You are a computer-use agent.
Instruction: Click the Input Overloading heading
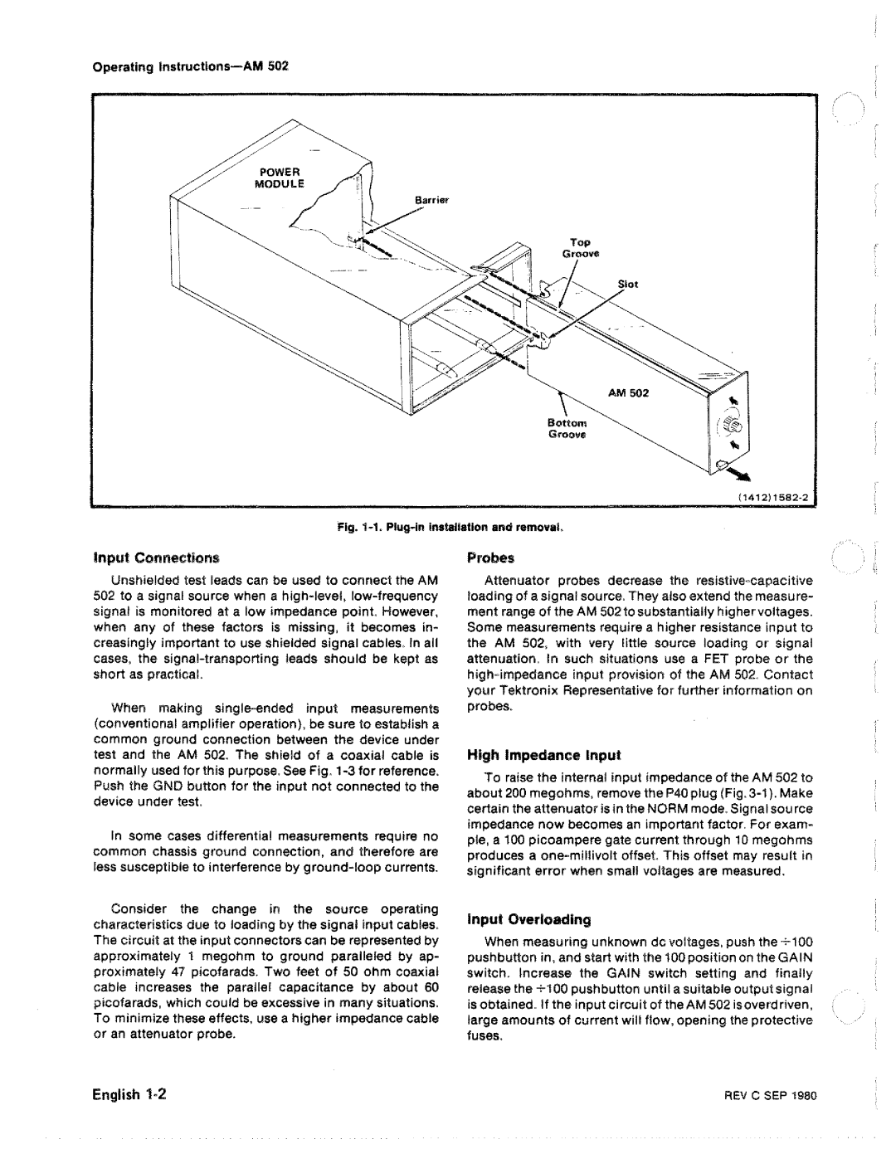tap(528, 920)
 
